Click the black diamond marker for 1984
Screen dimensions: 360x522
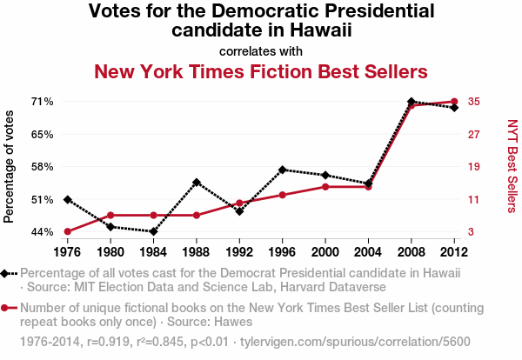pyautogui.click(x=153, y=231)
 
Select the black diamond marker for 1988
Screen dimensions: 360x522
pyautogui.click(x=197, y=183)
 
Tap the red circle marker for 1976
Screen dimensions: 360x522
pyautogui.click(x=67, y=231)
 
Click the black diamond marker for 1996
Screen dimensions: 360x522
pyautogui.click(x=283, y=170)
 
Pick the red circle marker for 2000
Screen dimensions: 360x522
pyautogui.click(x=325, y=187)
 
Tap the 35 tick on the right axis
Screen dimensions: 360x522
pyautogui.click(x=474, y=102)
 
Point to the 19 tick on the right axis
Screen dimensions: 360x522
pyautogui.click(x=474, y=167)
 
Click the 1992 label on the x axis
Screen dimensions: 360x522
pyautogui.click(x=239, y=252)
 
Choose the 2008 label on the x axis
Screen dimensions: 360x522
pyautogui.click(x=412, y=252)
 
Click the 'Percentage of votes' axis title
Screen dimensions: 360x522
pyautogui.click(x=10, y=167)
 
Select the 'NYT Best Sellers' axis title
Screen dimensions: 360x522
pyautogui.click(x=512, y=166)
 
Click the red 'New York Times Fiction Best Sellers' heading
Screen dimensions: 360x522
pyautogui.click(x=261, y=71)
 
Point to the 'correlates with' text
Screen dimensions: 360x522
pyautogui.click(x=261, y=50)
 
